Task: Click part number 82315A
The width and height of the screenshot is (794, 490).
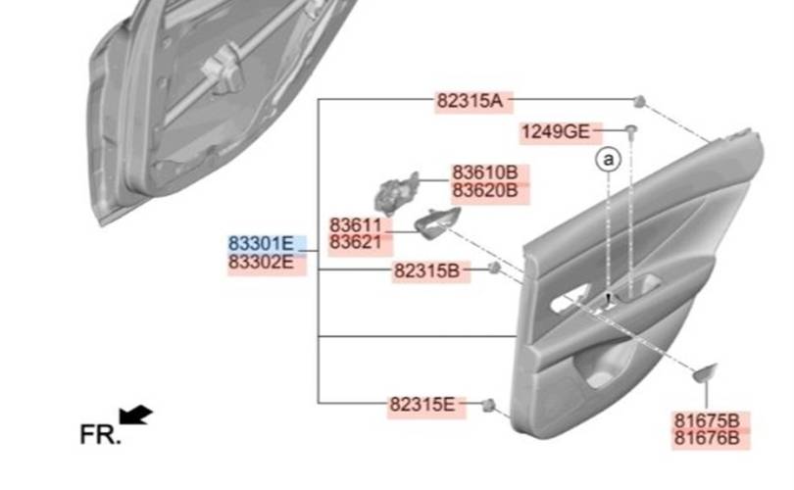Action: [x=469, y=101]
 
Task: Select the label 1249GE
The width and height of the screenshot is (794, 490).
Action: [x=555, y=131]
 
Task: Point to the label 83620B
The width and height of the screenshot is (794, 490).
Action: [x=484, y=190]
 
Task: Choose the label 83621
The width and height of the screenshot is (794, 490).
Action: [x=353, y=242]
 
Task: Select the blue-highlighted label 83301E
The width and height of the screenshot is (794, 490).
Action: [x=262, y=243]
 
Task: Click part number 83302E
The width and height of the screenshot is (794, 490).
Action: [x=262, y=262]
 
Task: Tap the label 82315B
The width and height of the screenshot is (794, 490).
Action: [x=425, y=269]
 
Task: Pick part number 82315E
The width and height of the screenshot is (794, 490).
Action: [x=422, y=404]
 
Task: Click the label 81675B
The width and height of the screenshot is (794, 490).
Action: [x=706, y=419]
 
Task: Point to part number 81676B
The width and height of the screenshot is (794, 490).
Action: [x=706, y=437]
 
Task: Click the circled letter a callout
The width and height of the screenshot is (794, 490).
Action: [x=609, y=157]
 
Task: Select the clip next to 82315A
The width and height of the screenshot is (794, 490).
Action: [x=639, y=101]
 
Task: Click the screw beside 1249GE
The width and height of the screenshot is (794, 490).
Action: [x=632, y=130]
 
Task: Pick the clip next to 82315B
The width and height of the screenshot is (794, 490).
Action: [x=495, y=269]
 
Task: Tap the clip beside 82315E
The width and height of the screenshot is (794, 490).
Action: [x=488, y=405]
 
